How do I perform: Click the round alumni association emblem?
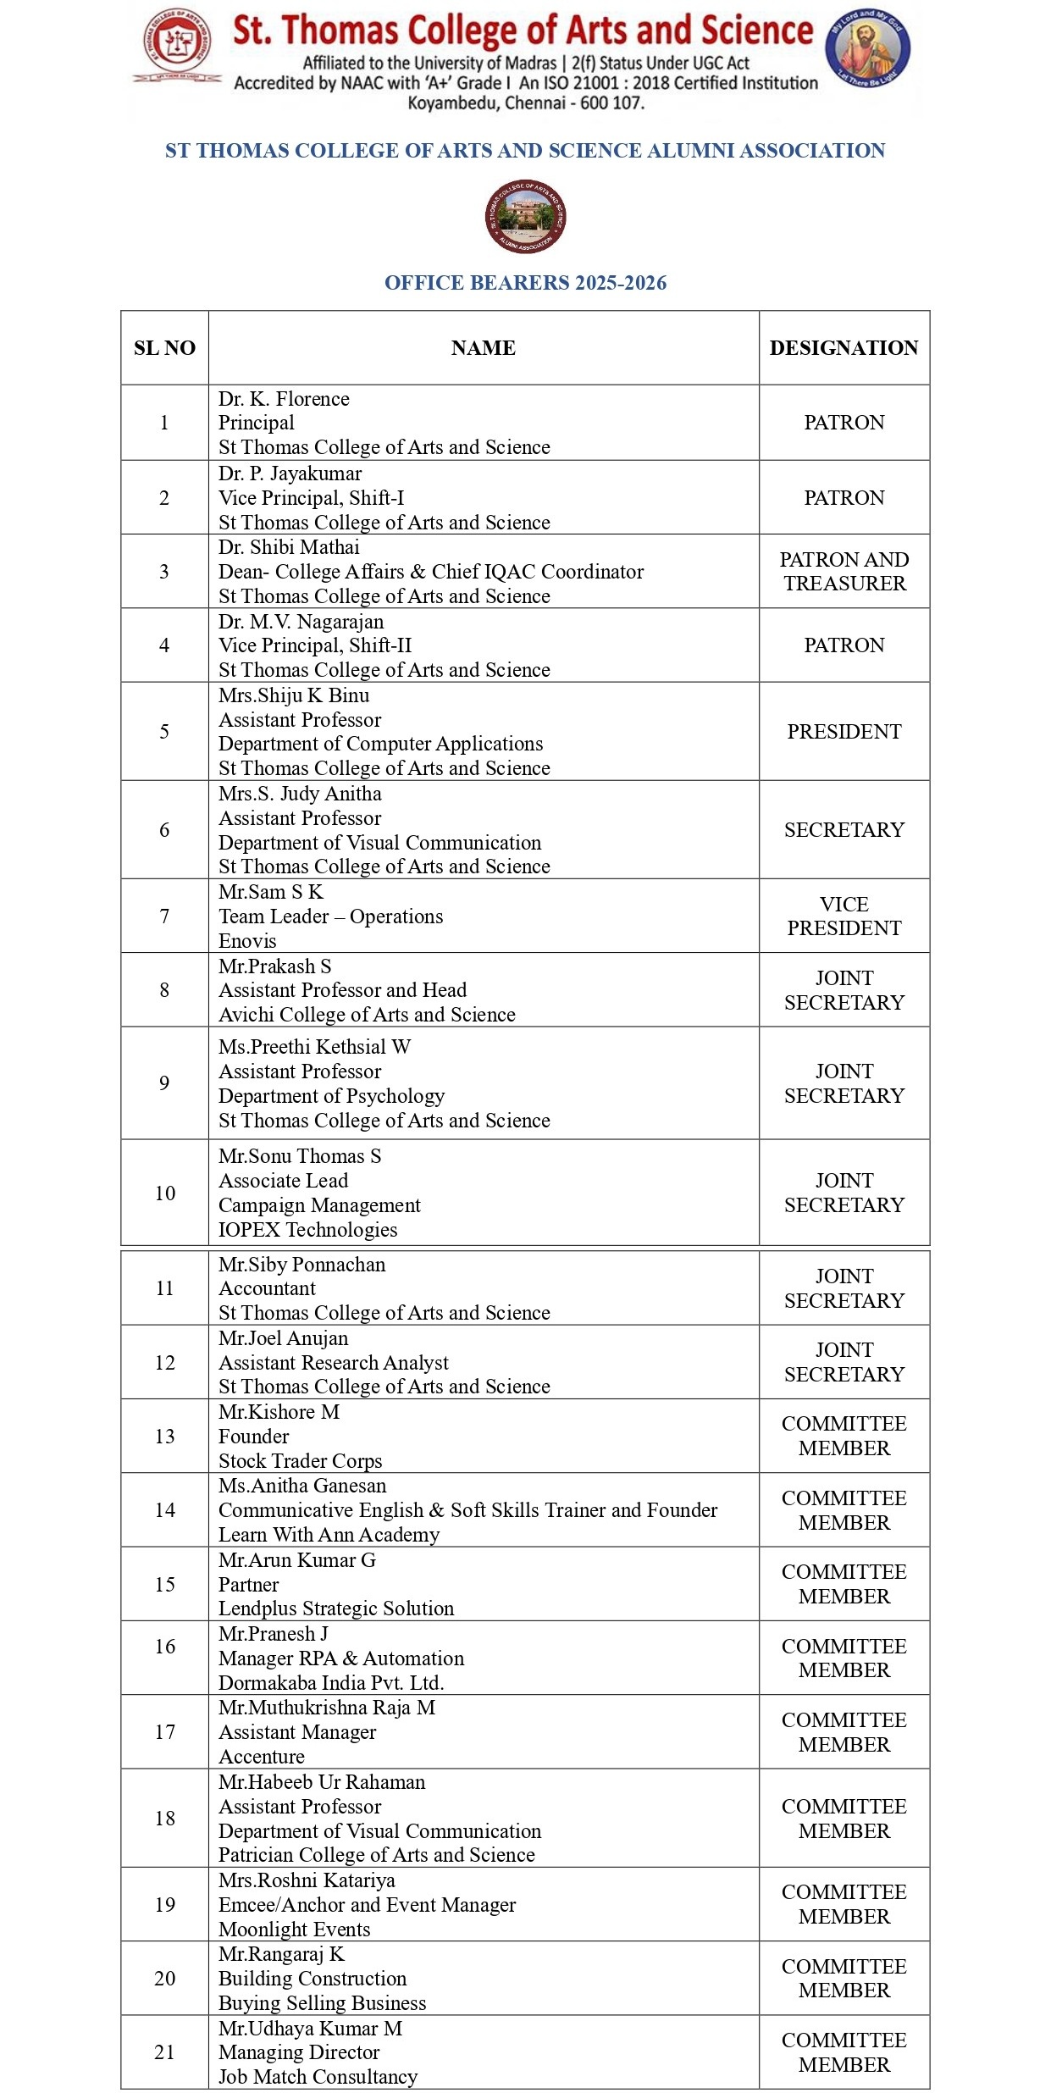point(525,217)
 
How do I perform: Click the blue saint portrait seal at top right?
point(868,47)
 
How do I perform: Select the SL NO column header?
point(164,348)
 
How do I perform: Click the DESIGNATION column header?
point(844,348)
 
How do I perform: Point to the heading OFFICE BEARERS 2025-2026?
point(525,283)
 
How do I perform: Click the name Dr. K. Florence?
point(284,399)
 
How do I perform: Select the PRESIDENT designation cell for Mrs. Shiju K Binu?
point(844,731)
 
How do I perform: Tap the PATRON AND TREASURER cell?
point(844,571)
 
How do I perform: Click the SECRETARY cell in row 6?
point(844,829)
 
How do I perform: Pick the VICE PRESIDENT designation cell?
point(844,916)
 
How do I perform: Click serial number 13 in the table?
point(164,1436)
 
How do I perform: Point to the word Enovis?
point(247,941)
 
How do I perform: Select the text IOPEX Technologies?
point(307,1229)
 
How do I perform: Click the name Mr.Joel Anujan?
point(283,1338)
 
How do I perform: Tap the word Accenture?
point(262,1756)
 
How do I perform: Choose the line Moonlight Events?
point(294,1929)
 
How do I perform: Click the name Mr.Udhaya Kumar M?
point(310,2029)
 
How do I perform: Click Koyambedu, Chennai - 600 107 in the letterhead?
point(526,103)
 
